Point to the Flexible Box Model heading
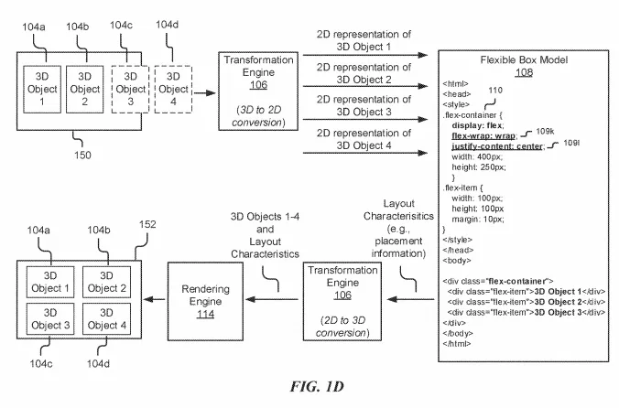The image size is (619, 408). (524, 59)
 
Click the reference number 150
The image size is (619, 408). (82, 155)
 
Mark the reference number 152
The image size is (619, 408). (147, 224)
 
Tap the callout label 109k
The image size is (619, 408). (545, 131)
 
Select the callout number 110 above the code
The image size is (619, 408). (495, 91)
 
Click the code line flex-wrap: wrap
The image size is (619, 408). (483, 136)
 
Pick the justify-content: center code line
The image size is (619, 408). (497, 146)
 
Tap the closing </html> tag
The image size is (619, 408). (457, 344)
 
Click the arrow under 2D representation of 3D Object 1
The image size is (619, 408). (365, 55)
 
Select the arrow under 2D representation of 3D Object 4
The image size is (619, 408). (365, 153)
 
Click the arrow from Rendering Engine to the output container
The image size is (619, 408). (155, 299)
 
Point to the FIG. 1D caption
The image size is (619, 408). (317, 386)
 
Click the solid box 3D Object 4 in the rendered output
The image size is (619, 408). (106, 319)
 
